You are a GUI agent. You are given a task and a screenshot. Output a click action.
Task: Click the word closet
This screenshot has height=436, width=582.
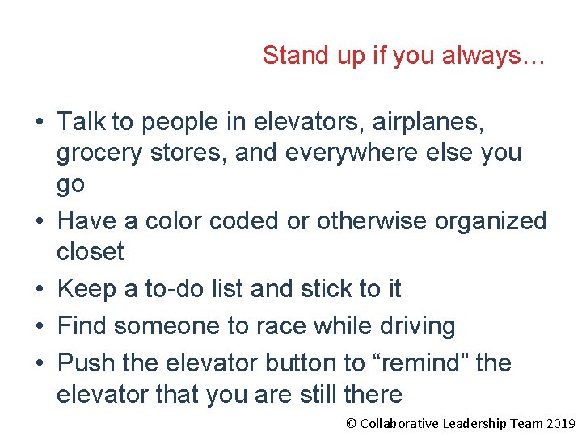[90, 252]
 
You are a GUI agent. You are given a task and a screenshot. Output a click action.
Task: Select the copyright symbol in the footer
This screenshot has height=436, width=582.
[351, 423]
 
